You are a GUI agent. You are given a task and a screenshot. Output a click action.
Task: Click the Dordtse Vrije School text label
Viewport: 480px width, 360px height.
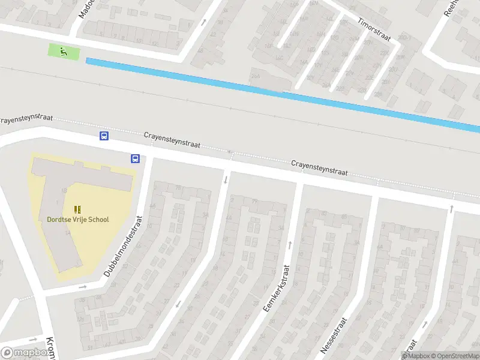(x=78, y=220)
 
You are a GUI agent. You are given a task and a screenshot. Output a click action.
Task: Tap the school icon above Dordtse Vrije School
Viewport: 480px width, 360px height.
(x=77, y=209)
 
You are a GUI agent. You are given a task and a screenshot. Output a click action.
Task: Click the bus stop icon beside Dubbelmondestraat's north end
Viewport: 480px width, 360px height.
(x=135, y=159)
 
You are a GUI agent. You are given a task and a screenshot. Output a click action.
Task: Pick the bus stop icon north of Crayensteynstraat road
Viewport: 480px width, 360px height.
(x=104, y=136)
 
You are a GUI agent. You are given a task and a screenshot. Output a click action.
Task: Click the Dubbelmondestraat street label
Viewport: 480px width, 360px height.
(x=124, y=246)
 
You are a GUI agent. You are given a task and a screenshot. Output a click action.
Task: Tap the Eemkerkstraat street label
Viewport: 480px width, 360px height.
(x=277, y=288)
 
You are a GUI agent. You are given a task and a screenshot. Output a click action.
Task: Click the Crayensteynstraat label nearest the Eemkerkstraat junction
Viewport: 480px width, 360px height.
(x=320, y=167)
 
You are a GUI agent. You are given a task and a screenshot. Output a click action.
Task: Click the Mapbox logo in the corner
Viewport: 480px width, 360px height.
(x=25, y=353)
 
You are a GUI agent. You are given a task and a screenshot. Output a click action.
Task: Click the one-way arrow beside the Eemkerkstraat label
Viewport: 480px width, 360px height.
(x=290, y=244)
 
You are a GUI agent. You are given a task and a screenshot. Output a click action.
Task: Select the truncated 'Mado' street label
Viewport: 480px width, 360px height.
(x=83, y=7)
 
